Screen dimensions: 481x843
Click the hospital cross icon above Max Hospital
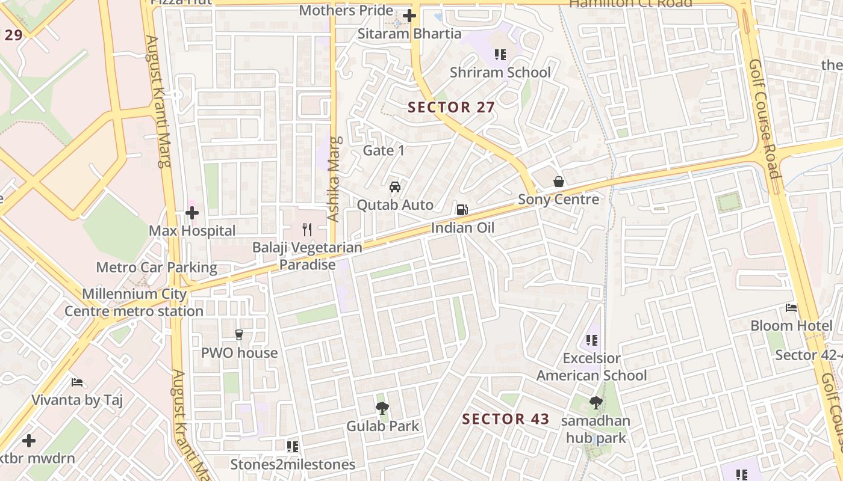pyautogui.click(x=192, y=213)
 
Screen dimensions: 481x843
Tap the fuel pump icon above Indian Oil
pyautogui.click(x=462, y=210)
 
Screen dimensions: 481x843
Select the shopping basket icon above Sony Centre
pyautogui.click(x=559, y=182)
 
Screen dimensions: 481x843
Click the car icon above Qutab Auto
pyautogui.click(x=395, y=187)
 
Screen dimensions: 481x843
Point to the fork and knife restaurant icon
pyautogui.click(x=307, y=229)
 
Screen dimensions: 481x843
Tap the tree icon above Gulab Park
pyautogui.click(x=382, y=409)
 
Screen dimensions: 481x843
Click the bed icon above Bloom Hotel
pyautogui.click(x=791, y=308)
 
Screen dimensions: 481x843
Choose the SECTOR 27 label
pyautogui.click(x=451, y=108)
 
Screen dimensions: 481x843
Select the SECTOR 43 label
pyautogui.click(x=505, y=419)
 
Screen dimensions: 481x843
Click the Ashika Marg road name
pyautogui.click(x=334, y=179)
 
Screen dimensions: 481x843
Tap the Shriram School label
pyautogui.click(x=500, y=72)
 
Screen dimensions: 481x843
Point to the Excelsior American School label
pyautogui.click(x=591, y=367)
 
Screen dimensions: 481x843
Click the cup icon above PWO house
pyautogui.click(x=239, y=335)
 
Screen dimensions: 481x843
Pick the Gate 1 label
pyautogui.click(x=384, y=150)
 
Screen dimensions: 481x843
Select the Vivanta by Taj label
pyautogui.click(x=77, y=400)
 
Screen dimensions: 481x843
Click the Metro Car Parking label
pyautogui.click(x=157, y=268)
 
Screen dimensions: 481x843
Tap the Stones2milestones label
pyautogui.click(x=293, y=464)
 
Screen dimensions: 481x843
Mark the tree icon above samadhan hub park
pyautogui.click(x=596, y=403)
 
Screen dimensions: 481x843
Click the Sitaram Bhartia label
pyautogui.click(x=409, y=34)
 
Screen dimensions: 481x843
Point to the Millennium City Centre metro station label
pyautogui.click(x=134, y=302)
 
